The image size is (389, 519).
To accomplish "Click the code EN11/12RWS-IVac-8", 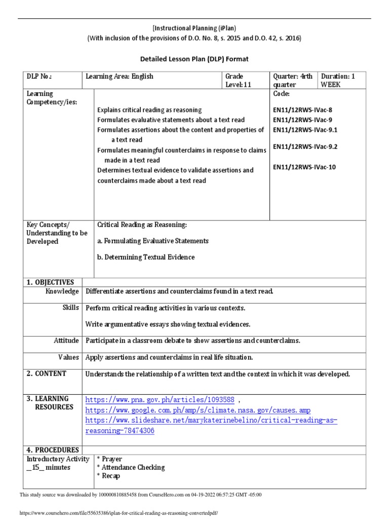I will click(x=303, y=109).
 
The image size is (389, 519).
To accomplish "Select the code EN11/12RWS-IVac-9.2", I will click(x=305, y=147).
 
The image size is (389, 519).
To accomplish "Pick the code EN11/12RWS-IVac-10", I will click(x=304, y=167).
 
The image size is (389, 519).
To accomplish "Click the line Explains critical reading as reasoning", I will click(x=149, y=110).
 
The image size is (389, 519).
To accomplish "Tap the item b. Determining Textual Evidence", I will click(x=145, y=257).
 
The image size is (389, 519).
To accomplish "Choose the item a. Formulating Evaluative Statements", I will click(x=152, y=241).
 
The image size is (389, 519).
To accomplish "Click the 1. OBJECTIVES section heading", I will click(x=50, y=282).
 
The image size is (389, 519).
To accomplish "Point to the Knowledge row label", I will click(x=62, y=291).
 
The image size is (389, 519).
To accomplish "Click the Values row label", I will click(x=68, y=357).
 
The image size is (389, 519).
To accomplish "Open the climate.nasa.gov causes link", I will click(x=198, y=410).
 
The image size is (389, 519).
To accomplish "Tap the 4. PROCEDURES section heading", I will click(x=53, y=450).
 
